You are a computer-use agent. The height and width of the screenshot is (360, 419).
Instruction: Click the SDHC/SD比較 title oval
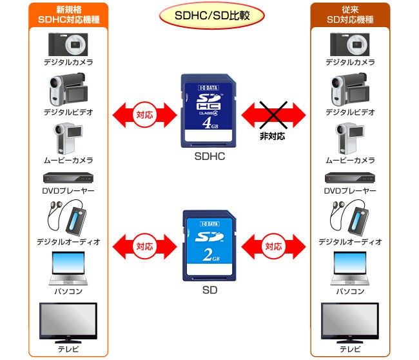(209, 15)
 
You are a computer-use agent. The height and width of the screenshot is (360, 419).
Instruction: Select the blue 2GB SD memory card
(209, 245)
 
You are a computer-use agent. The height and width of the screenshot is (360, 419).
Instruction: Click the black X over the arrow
(273, 116)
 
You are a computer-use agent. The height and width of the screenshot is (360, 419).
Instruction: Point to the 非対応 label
(273, 137)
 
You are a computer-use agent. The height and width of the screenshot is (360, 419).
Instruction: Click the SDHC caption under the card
(209, 157)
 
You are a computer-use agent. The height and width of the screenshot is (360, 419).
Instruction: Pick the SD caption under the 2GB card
(209, 290)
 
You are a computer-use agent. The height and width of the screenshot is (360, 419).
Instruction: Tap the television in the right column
(349, 321)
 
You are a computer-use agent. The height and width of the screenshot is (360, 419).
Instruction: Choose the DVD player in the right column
(349, 179)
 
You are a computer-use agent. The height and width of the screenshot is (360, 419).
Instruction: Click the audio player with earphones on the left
(67, 219)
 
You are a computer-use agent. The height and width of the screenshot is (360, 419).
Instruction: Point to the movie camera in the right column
(348, 137)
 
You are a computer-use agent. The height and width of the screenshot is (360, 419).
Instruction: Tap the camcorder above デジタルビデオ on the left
(67, 90)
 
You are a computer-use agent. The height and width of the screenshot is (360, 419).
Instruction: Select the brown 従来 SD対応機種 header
(349, 15)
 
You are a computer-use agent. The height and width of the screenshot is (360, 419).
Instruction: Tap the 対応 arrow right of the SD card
(273, 246)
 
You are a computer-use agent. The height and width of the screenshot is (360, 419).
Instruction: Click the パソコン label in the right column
(349, 291)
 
